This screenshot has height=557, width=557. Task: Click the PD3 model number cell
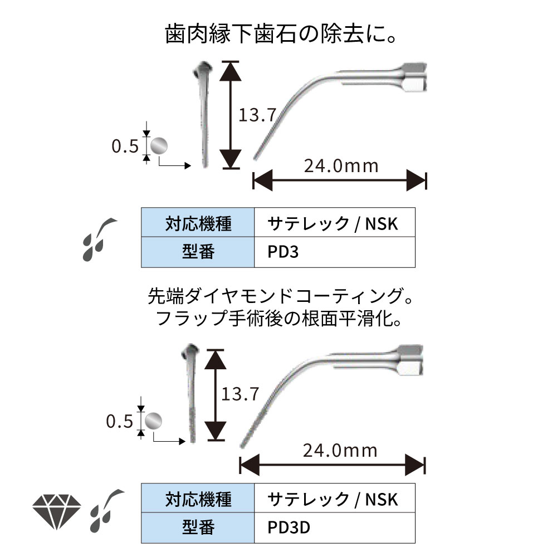tap(334, 252)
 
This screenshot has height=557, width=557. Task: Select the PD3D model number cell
tap(334, 526)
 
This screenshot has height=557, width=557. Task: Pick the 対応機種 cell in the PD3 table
tap(198, 223)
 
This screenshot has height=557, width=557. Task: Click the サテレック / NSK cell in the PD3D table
tap(334, 498)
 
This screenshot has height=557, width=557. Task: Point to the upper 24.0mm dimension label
tap(341, 165)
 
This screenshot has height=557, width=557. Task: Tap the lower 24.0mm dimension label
tap(340, 450)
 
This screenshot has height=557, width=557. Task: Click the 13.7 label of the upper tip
tap(257, 115)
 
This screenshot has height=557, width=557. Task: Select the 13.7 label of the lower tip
tap(241, 394)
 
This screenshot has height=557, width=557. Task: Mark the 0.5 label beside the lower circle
tap(119, 422)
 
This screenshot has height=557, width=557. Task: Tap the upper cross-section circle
tap(158, 146)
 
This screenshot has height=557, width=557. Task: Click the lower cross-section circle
tap(153, 421)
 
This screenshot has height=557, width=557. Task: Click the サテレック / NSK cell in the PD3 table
tap(334, 223)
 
